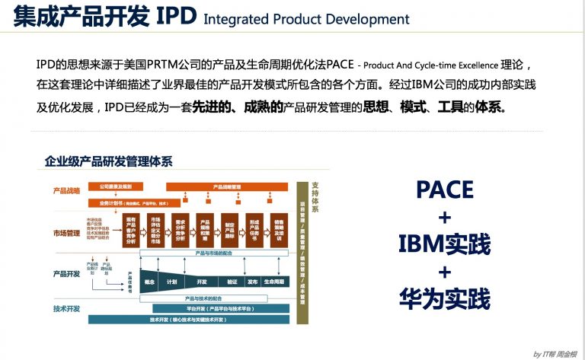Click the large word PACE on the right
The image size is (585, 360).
tap(445, 190)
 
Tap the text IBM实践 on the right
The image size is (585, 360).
tap(445, 244)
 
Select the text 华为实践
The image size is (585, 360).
tap(445, 298)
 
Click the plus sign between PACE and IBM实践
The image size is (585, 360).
tap(445, 217)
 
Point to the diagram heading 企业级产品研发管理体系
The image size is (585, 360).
tap(108, 161)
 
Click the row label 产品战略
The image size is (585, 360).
tap(66, 190)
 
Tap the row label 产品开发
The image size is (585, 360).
tap(66, 272)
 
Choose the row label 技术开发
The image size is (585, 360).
tap(66, 308)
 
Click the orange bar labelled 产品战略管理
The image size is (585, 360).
tap(227, 186)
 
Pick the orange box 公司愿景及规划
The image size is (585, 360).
tap(116, 186)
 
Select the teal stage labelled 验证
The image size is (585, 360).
tap(232, 282)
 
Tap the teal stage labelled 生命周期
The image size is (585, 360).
tap(274, 282)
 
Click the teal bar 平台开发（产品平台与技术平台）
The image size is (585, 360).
tap(221, 308)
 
